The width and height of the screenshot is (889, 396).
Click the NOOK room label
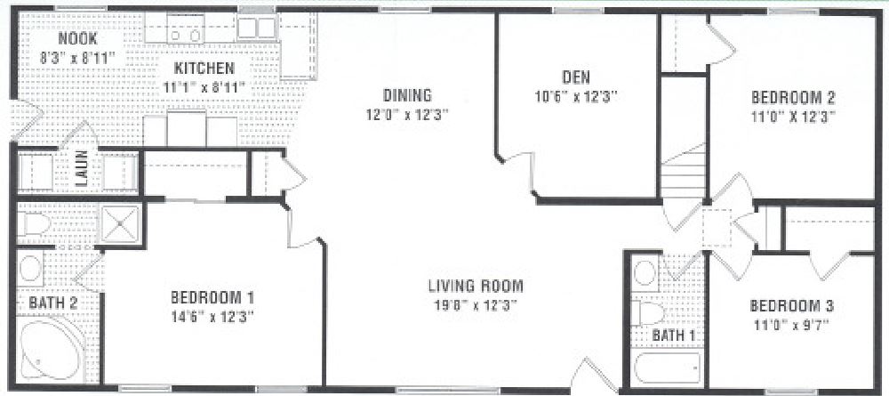(x=77, y=40)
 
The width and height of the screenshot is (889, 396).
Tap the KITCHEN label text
(x=204, y=69)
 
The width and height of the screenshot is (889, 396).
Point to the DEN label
(x=576, y=77)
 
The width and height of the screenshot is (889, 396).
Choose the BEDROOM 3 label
(x=791, y=306)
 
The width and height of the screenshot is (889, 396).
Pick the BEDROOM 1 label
(x=213, y=297)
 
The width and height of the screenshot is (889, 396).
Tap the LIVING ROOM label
(x=475, y=287)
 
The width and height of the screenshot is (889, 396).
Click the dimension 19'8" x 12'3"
(x=475, y=304)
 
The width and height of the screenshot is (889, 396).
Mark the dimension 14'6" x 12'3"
(x=213, y=315)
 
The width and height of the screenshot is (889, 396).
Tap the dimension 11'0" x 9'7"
(x=791, y=324)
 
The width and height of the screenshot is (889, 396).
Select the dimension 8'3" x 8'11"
(x=77, y=57)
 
